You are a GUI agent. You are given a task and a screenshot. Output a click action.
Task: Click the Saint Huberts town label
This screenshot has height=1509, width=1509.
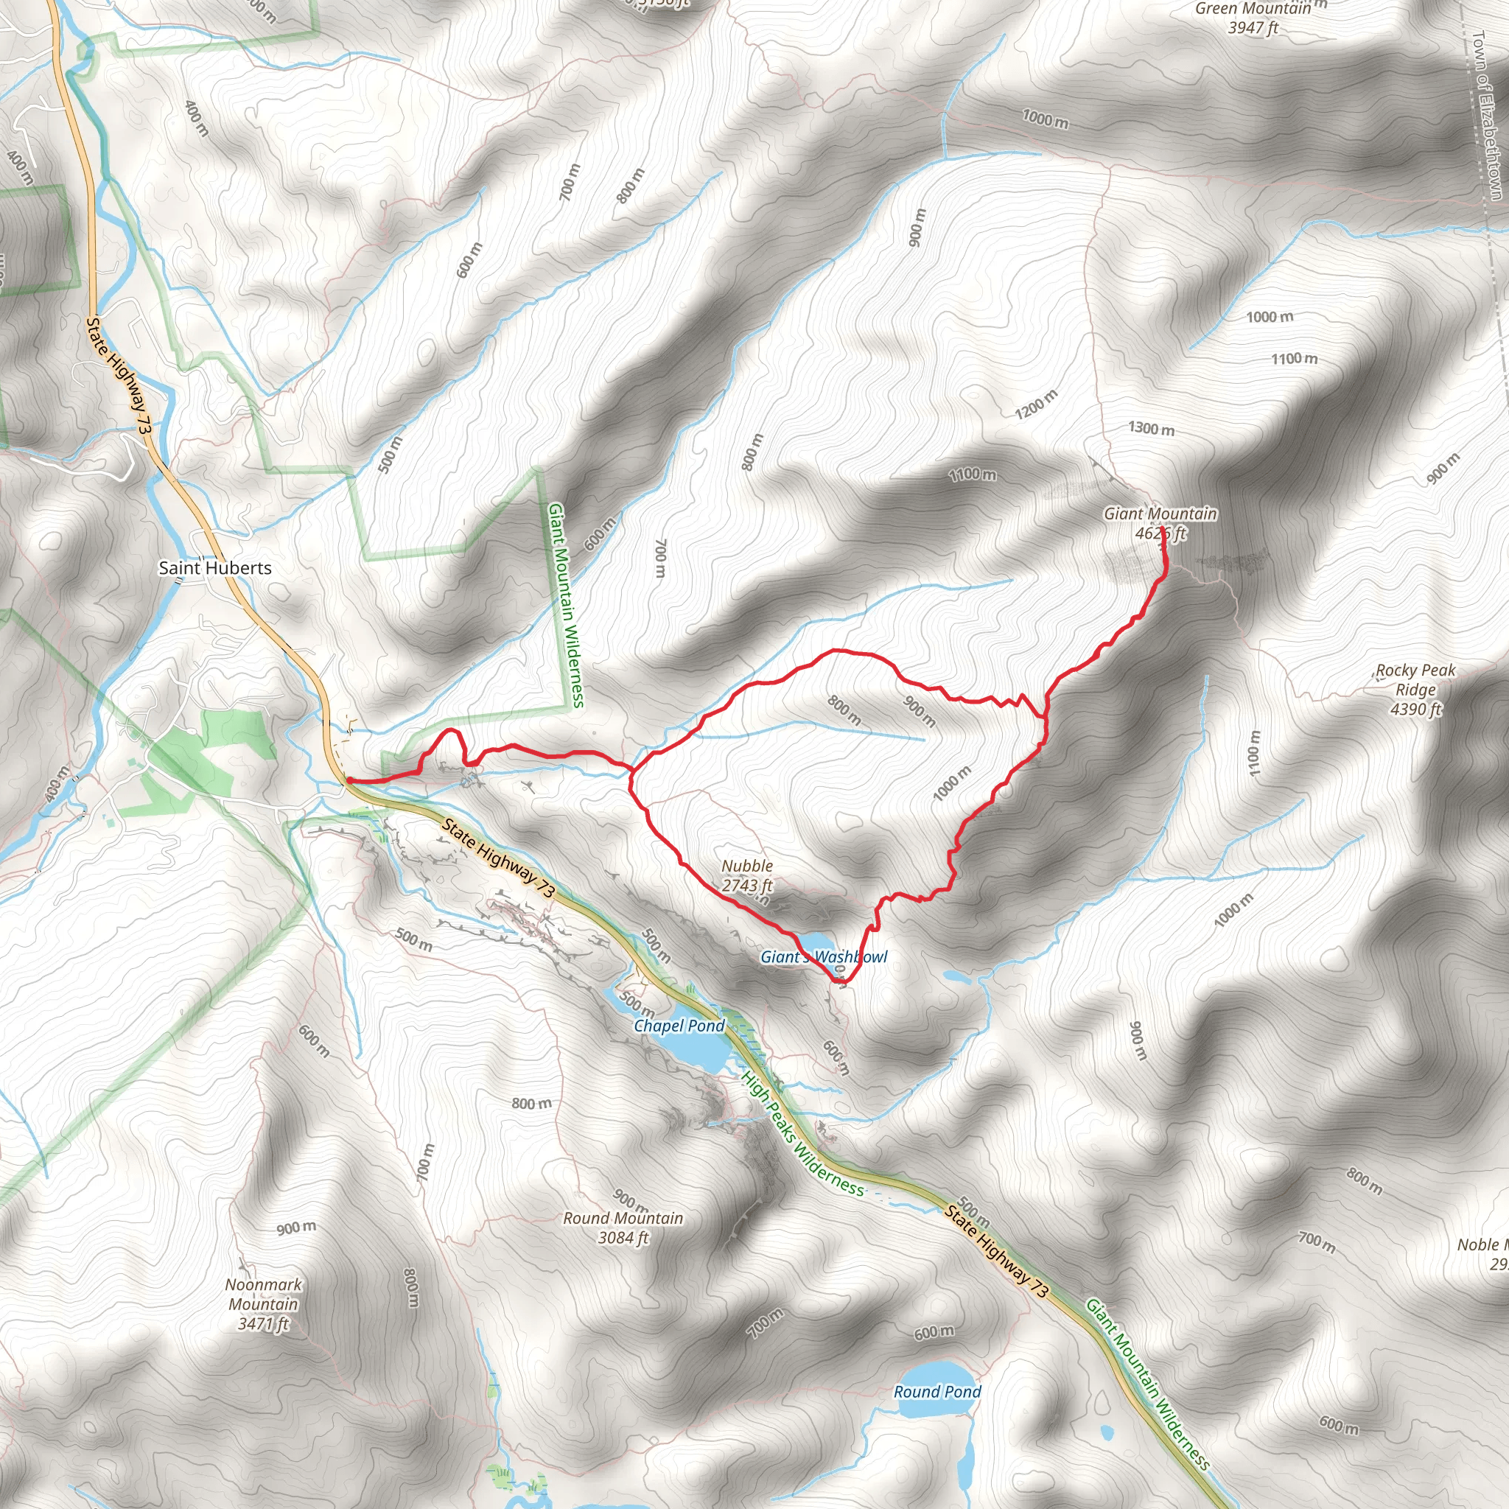click(215, 568)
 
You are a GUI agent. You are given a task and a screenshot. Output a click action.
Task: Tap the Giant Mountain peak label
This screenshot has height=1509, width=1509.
click(1160, 522)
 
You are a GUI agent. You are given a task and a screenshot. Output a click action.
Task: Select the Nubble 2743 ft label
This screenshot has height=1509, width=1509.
click(746, 875)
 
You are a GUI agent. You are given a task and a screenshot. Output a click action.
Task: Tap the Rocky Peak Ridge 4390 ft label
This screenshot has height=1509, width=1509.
click(1415, 690)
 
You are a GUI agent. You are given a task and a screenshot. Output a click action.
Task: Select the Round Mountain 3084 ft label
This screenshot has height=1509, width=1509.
click(623, 1227)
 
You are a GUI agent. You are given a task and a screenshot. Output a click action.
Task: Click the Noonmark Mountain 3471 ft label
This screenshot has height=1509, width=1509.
click(263, 1303)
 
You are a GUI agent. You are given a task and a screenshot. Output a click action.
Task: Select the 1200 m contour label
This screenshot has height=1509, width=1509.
click(1036, 403)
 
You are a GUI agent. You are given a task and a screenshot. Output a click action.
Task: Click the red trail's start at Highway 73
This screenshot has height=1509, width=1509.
click(349, 780)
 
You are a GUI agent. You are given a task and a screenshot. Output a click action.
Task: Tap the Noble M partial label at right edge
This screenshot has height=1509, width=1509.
click(1482, 1254)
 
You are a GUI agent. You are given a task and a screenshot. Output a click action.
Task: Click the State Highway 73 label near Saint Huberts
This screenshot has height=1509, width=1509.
click(118, 376)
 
